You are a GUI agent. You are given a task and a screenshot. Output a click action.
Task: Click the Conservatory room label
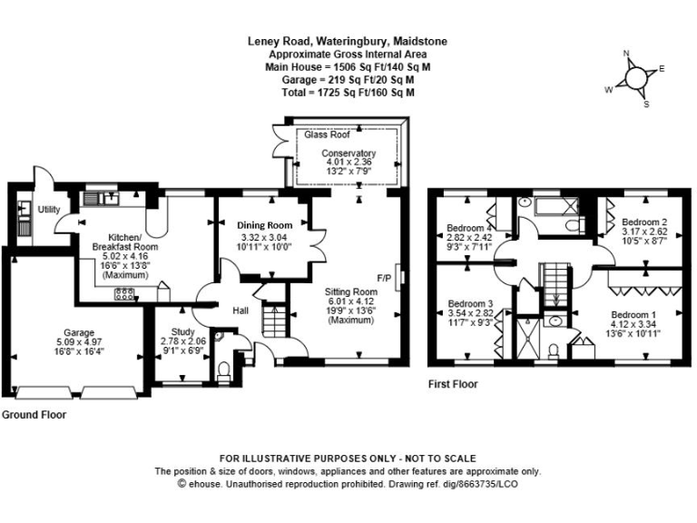pos(348,153)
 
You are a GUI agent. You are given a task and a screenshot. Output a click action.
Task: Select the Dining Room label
pos(265,225)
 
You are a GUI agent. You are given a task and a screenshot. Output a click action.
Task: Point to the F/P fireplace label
pos(384,277)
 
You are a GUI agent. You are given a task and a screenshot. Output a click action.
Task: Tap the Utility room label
pos(49,210)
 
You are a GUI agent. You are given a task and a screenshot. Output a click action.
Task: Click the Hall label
pos(241,311)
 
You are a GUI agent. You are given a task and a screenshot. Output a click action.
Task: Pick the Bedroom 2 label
pos(644,222)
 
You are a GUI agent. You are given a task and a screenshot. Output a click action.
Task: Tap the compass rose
pos(636,78)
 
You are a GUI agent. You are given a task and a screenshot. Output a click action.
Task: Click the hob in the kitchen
pos(123,293)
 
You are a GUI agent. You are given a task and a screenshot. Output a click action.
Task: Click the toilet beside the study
pos(224,369)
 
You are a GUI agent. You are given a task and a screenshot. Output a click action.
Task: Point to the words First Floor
pos(453,385)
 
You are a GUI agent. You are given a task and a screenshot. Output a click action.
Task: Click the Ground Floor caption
pos(34,414)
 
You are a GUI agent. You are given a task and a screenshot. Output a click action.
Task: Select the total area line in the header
pos(348,93)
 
